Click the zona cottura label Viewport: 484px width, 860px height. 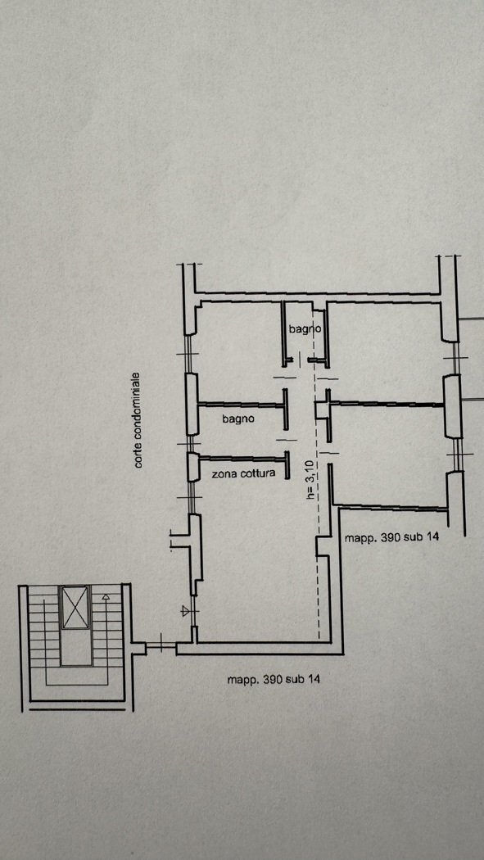[x=243, y=473]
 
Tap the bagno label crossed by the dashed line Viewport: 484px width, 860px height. [x=304, y=329]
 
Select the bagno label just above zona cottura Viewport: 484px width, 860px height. [x=238, y=419]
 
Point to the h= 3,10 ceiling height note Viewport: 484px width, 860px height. [x=310, y=480]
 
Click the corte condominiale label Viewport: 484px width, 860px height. [x=138, y=420]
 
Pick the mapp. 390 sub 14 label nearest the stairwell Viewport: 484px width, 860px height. [x=274, y=680]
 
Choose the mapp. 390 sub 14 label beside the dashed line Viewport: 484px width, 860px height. [x=391, y=537]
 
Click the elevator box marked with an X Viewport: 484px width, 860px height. [x=75, y=607]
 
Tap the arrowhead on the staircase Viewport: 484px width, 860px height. [x=106, y=595]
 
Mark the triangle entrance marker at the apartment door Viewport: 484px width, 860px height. [x=186, y=611]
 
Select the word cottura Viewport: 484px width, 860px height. [x=258, y=473]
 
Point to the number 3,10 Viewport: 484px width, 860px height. [x=310, y=472]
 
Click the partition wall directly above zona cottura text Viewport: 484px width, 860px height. [x=243, y=459]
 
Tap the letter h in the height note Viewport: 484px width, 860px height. [x=310, y=497]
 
